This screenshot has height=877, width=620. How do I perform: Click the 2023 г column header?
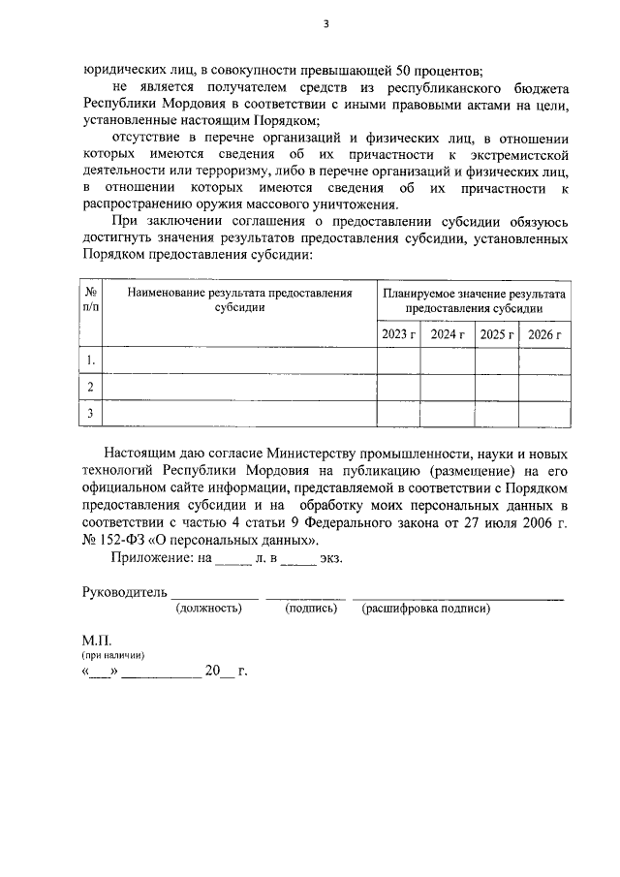coord(398,334)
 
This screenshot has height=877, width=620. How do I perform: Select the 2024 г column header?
coord(449,334)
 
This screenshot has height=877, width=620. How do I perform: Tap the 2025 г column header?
coord(497,334)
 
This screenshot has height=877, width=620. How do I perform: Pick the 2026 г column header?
coord(545,334)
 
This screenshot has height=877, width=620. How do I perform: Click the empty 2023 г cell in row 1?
coord(398,360)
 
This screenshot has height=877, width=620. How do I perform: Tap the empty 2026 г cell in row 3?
coord(545,414)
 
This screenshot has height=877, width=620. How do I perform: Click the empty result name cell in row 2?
coord(238,388)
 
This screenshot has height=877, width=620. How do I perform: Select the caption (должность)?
coord(208,610)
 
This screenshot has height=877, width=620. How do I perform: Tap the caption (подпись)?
coord(311,610)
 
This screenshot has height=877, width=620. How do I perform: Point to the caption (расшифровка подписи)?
coord(426,610)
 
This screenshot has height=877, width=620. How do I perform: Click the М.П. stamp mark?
coord(98,642)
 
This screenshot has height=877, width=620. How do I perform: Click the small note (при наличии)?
coord(113,657)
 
